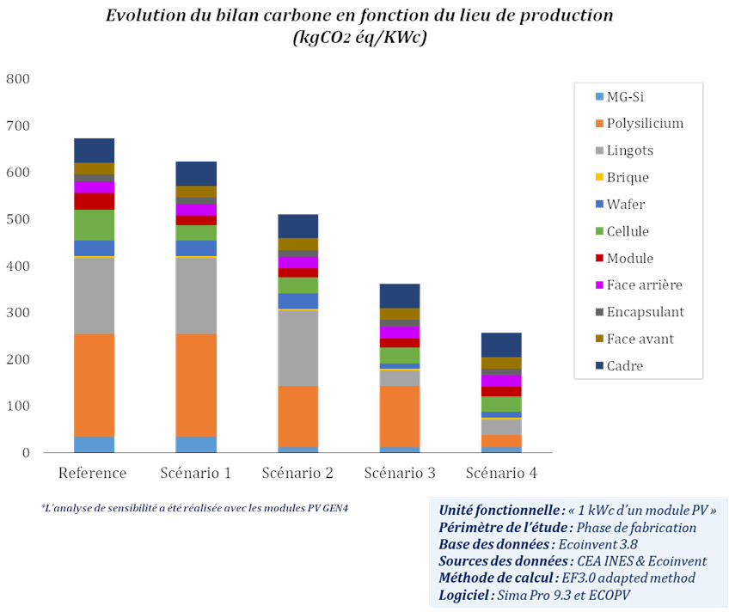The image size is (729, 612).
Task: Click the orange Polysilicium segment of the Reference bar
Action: [x=94, y=385]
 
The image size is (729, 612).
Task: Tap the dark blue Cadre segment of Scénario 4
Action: [x=501, y=345]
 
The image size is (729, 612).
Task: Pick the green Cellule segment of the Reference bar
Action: [x=94, y=225]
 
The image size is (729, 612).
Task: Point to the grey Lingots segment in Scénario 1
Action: [x=196, y=296]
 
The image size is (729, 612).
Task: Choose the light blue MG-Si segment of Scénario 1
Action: [x=196, y=444]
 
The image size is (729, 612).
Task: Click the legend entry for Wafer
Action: [x=626, y=205]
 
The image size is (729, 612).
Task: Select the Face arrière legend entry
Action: [x=645, y=285]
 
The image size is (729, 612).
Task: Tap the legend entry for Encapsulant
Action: [x=645, y=312]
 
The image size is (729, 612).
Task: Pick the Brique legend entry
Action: [x=628, y=177]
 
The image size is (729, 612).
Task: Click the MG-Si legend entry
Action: [x=626, y=96]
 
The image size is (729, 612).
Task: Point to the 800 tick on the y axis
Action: [x=18, y=79]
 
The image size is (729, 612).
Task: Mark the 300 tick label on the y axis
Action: [x=18, y=313]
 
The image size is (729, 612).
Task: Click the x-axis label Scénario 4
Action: [x=501, y=474]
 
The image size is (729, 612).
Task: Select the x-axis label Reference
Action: [x=93, y=474]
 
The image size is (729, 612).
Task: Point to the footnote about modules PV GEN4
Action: [x=194, y=507]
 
